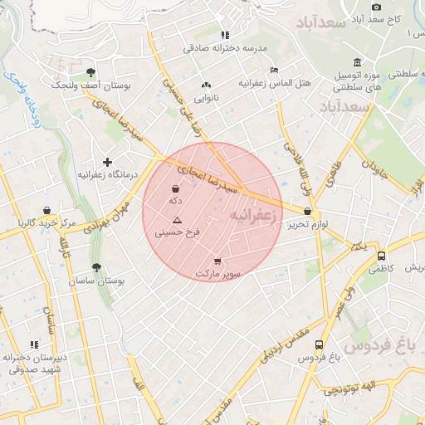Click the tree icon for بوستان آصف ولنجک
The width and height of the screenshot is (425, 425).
(x=90, y=72)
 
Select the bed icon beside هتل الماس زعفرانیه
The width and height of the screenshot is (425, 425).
(x=275, y=70)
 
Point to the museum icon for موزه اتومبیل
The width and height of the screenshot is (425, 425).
(x=357, y=63)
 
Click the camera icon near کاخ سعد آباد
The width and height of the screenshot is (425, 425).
(x=377, y=6)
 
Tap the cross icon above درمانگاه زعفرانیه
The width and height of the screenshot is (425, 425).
(x=107, y=162)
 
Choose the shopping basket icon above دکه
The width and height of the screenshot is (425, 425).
(x=175, y=188)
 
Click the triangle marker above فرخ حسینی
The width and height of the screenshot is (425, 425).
(x=177, y=220)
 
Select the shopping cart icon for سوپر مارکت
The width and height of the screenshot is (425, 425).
(x=217, y=261)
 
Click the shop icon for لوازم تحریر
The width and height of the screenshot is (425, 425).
(x=308, y=212)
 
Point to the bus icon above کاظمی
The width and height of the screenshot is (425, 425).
(x=381, y=256)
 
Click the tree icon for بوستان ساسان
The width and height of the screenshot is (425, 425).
(x=96, y=267)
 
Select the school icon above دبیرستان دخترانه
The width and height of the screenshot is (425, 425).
(x=34, y=344)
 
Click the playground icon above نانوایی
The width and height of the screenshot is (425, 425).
(x=206, y=85)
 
